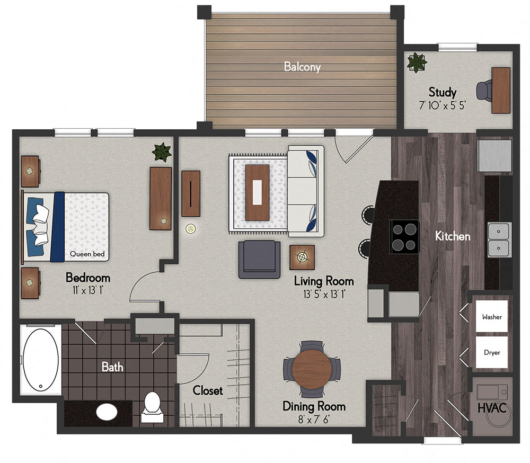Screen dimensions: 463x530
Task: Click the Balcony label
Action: click(x=302, y=67)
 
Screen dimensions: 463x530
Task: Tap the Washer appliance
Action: click(x=492, y=317)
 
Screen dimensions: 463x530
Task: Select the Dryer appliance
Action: click(x=492, y=352)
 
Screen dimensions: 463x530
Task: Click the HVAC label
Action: click(x=492, y=408)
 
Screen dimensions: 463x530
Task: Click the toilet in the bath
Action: click(x=153, y=406)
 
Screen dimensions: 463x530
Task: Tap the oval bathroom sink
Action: click(x=108, y=411)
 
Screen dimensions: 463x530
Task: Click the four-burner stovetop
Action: click(x=404, y=236)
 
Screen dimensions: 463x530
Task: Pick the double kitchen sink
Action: click(x=498, y=240)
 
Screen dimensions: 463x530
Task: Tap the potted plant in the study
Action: click(x=417, y=62)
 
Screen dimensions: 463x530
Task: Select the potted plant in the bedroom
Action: click(x=162, y=153)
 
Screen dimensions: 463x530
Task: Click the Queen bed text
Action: click(x=87, y=254)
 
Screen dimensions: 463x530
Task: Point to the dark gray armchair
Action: click(x=259, y=259)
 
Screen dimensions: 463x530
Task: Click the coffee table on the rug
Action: click(x=258, y=192)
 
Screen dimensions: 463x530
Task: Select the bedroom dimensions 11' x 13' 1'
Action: click(x=88, y=290)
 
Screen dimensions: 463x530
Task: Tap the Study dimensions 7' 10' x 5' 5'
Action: click(x=442, y=104)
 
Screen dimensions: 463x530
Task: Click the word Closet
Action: click(x=208, y=390)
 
